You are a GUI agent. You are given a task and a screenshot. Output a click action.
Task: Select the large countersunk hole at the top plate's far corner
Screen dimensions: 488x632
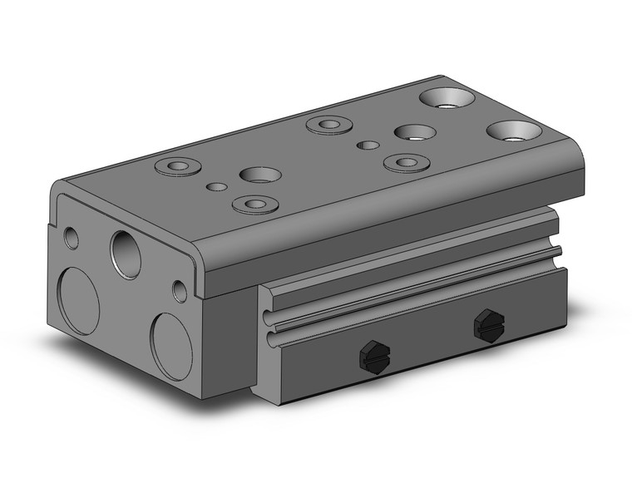[447, 98]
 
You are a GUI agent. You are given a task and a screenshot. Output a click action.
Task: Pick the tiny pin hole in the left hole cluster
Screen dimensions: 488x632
[216, 187]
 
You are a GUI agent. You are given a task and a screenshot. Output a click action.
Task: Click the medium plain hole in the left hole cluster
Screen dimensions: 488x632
[260, 175]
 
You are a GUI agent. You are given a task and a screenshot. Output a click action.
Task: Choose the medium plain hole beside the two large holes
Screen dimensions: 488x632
[414, 131]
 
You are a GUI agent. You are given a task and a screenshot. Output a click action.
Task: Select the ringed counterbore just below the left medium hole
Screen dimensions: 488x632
[254, 203]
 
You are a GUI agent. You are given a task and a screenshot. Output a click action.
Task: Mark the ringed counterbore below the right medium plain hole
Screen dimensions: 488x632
[406, 162]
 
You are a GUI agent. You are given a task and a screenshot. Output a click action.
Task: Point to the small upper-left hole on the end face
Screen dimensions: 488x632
[72, 239]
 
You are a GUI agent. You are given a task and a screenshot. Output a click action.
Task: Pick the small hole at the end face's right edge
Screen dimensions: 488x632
[180, 290]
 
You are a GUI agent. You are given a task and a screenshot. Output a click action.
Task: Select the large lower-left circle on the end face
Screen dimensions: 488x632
[79, 299]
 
